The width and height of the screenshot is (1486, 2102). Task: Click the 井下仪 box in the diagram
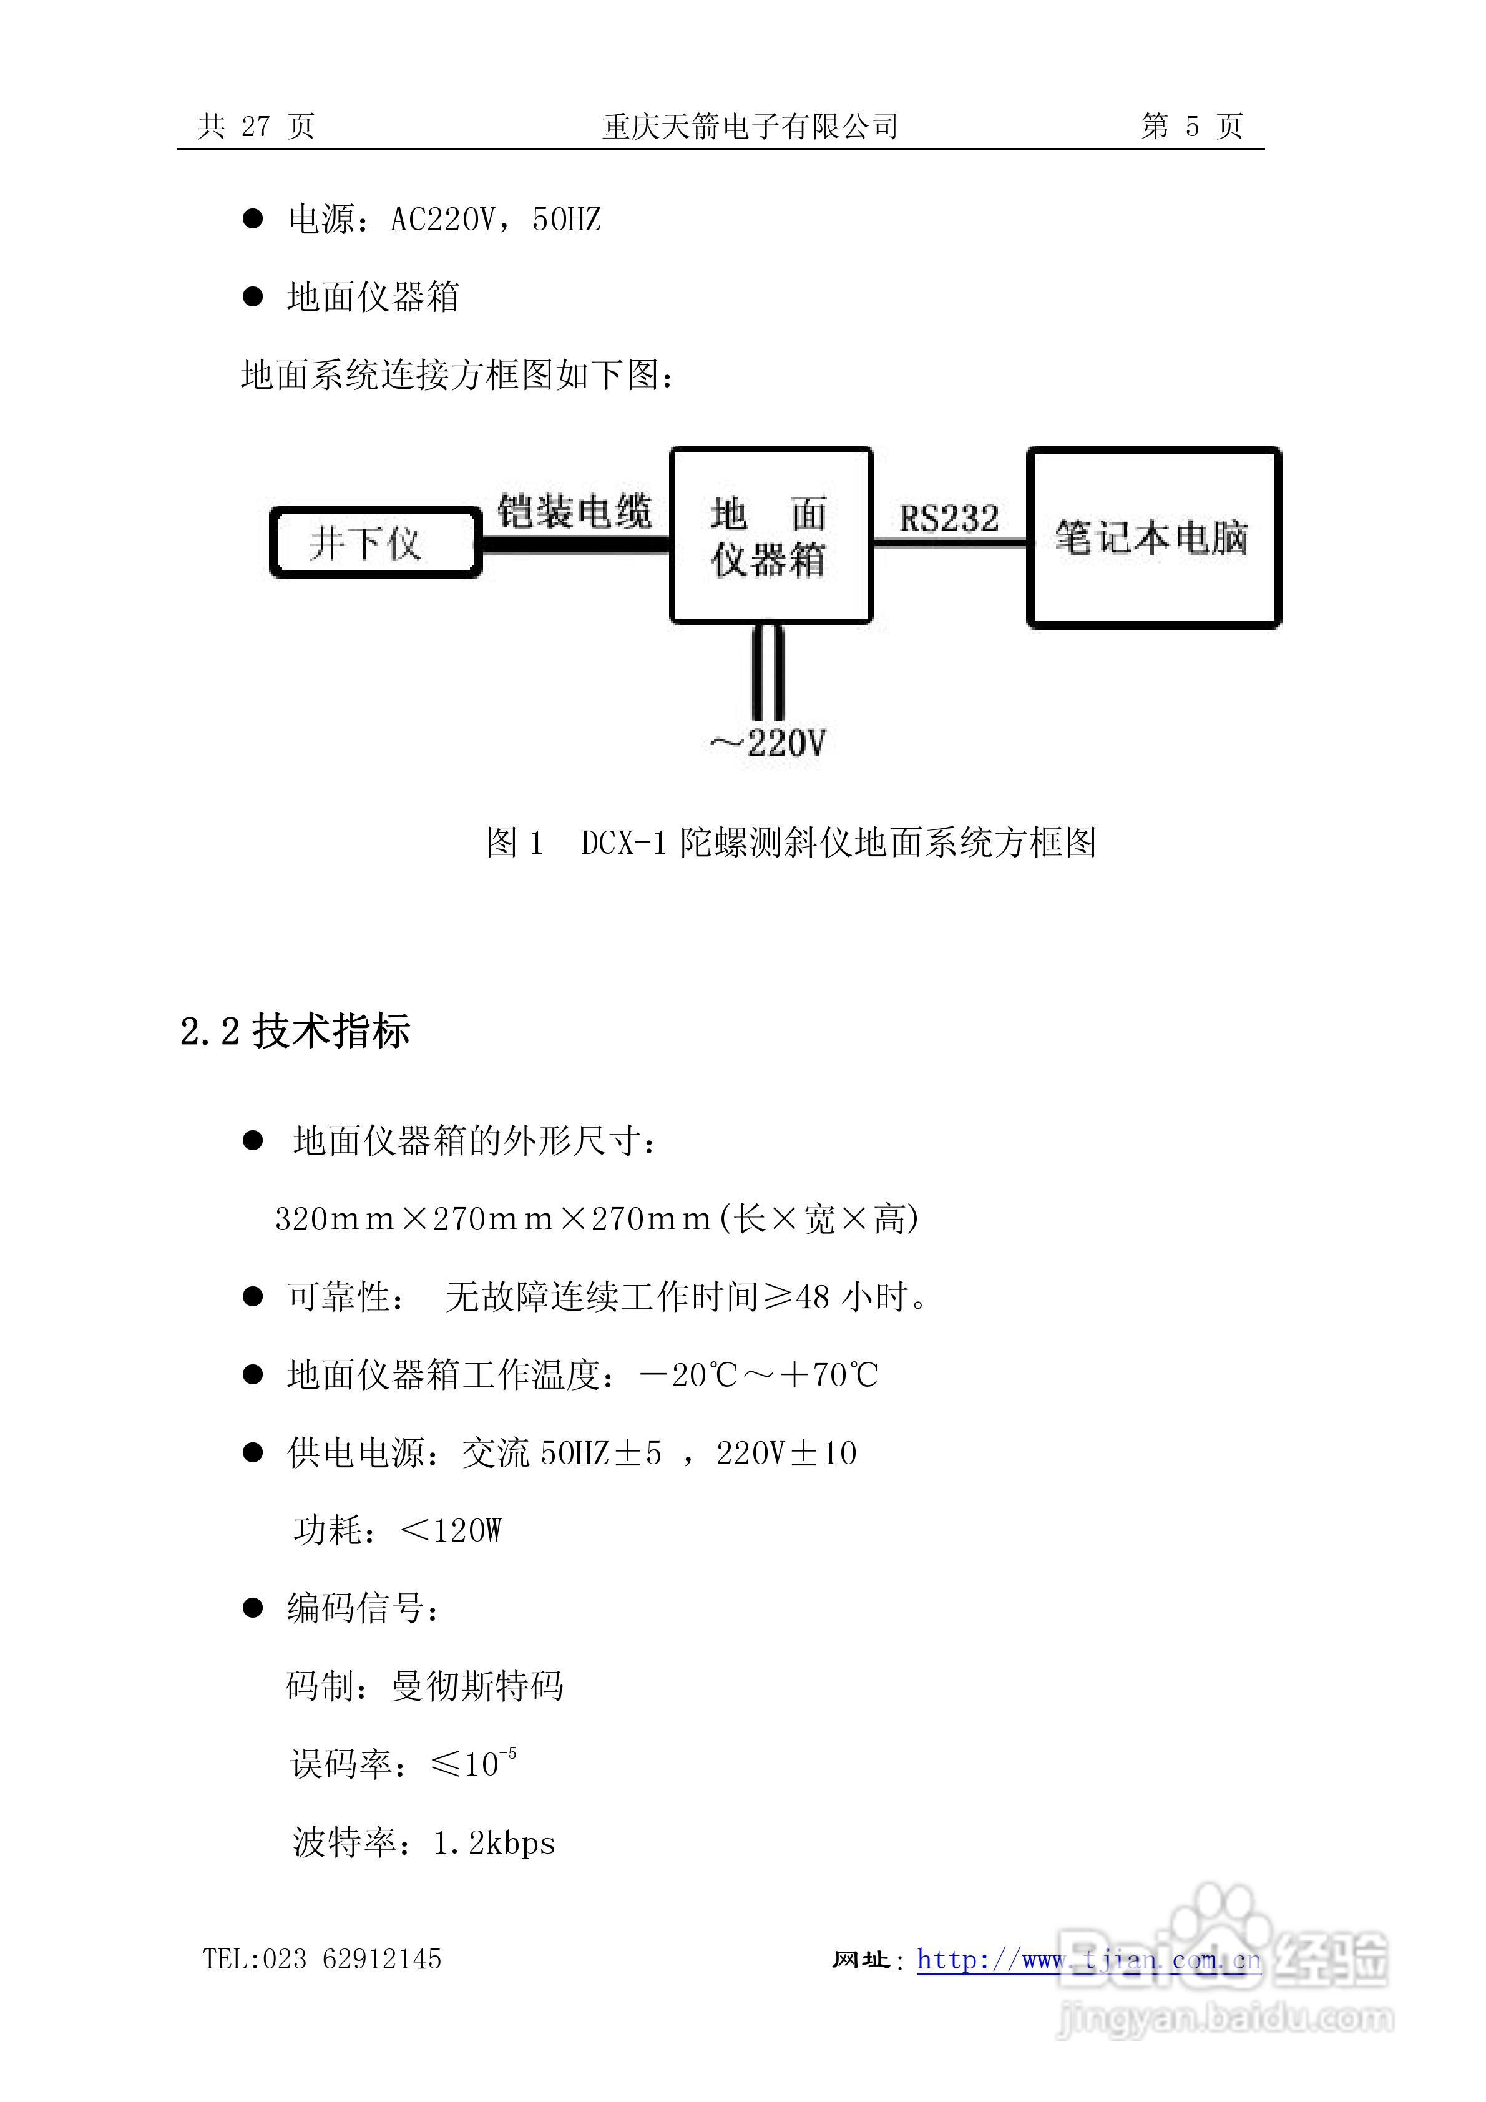[x=374, y=543]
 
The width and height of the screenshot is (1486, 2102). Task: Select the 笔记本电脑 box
[x=1153, y=537]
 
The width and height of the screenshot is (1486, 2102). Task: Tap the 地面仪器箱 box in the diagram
[x=770, y=535]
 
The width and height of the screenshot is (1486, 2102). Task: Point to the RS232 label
[x=949, y=518]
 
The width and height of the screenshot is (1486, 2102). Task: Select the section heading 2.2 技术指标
[x=295, y=1032]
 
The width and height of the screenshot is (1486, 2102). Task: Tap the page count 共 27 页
[x=257, y=126]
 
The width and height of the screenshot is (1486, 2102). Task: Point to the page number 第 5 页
[x=1191, y=126]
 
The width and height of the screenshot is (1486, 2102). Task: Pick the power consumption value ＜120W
[x=451, y=1530]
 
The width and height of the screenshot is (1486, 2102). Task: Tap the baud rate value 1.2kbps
[x=494, y=1843]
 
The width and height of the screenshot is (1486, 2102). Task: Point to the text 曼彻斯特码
[x=477, y=1686]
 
